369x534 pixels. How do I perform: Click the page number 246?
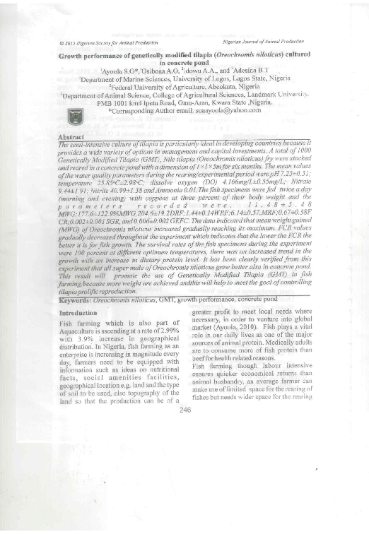point(186,409)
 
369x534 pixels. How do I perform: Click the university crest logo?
point(73,117)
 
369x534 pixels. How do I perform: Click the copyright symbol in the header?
point(61,42)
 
